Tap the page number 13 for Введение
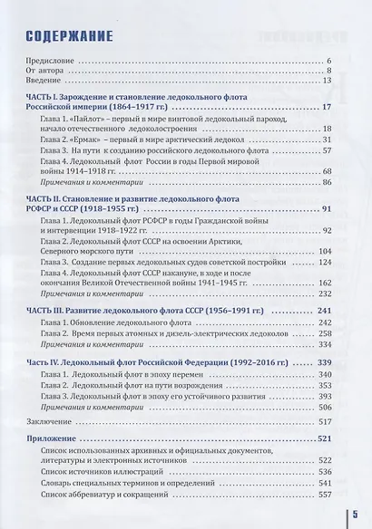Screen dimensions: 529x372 click(x=328, y=81)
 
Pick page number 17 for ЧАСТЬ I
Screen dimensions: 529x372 click(x=328, y=109)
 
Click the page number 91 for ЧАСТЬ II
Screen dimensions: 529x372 click(x=328, y=209)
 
